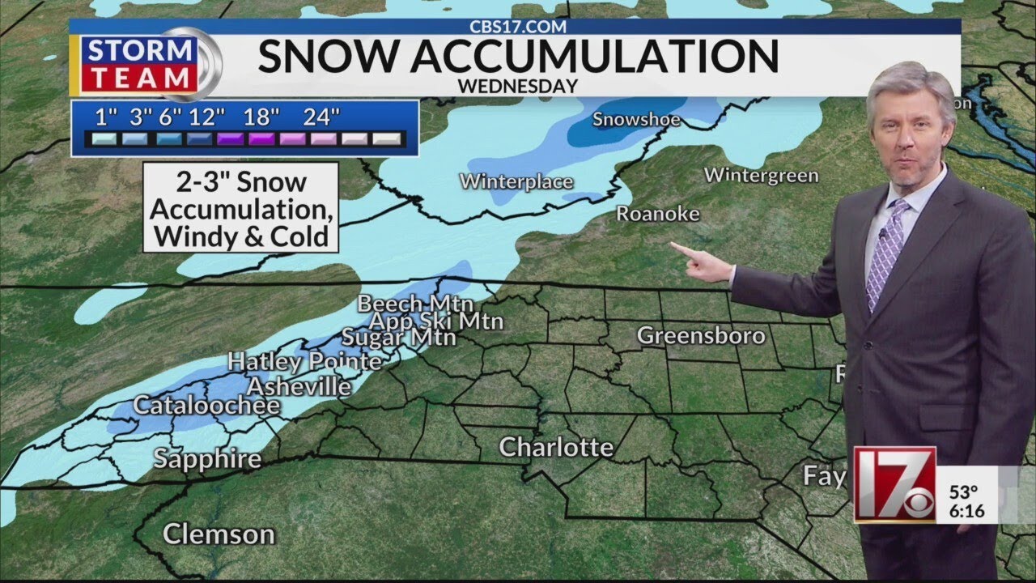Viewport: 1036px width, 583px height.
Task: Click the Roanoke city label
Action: [x=657, y=214]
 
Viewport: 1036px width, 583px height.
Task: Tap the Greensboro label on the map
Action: [x=701, y=335]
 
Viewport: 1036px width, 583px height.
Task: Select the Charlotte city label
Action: [x=556, y=447]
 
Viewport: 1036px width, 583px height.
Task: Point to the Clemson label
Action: [x=219, y=534]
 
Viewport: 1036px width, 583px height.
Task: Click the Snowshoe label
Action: [x=636, y=120]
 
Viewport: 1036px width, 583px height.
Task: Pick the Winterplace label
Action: [x=516, y=181]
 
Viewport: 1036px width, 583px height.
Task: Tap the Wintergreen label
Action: [x=761, y=175]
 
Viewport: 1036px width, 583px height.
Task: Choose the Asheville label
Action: [x=299, y=387]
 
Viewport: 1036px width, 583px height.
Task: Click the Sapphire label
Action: [x=207, y=459]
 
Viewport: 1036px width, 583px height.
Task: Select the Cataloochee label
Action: [x=206, y=405]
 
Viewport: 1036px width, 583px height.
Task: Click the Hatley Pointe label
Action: [x=304, y=361]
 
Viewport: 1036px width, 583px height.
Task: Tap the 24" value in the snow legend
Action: [x=321, y=117]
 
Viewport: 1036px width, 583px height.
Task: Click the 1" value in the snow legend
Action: [x=102, y=117]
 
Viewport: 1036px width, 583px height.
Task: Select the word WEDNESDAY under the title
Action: [x=518, y=85]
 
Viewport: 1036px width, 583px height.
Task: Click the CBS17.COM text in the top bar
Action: [x=518, y=26]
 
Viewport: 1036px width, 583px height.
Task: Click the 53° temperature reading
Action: [x=964, y=492]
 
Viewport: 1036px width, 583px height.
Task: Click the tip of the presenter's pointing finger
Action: [x=673, y=245]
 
